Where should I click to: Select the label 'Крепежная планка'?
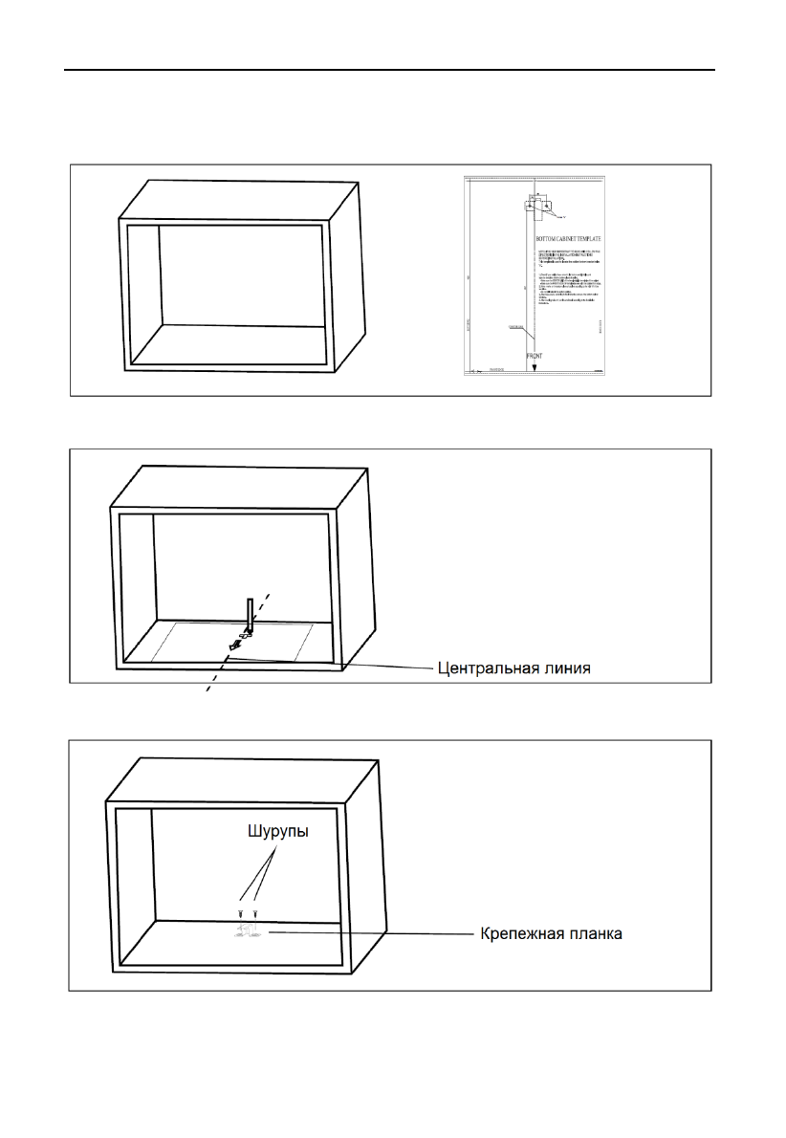[x=551, y=932]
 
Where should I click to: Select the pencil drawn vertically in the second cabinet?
[x=250, y=614]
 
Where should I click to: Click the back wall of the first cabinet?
[x=241, y=275]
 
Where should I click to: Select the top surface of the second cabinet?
[x=239, y=489]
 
